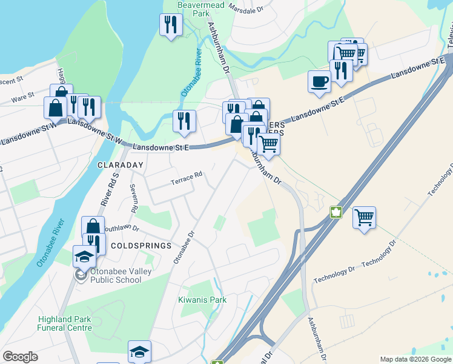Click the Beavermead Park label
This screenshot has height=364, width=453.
coord(192,8)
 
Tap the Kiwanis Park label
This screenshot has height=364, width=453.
coord(202,300)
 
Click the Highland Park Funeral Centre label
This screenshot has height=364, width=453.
coord(65,323)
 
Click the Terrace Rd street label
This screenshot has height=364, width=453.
coord(186,178)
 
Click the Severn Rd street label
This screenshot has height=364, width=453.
coord(133,198)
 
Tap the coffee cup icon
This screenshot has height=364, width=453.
coord(319,81)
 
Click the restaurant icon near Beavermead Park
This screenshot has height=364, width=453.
coord(171,25)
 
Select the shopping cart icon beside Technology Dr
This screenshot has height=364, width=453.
coord(364,217)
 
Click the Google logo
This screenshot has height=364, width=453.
coord(20,357)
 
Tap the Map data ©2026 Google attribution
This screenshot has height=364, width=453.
coord(415,359)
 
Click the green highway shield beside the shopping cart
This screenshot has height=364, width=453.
coord(336,212)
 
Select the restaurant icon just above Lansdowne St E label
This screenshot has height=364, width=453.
coord(184,121)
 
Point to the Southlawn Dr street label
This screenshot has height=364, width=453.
coord(123,229)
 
